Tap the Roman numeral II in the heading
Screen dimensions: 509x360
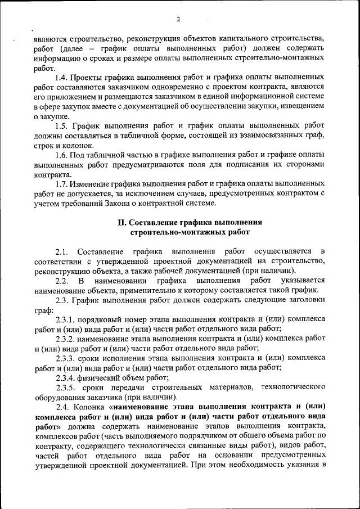point(121,222)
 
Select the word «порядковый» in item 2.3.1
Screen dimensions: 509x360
point(101,319)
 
